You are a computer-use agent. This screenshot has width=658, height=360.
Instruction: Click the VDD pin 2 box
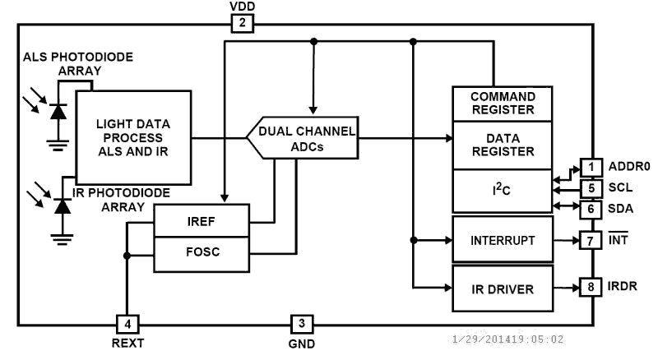click(242, 23)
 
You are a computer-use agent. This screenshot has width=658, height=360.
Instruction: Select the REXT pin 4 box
click(127, 324)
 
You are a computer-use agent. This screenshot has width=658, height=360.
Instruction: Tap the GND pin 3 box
click(301, 324)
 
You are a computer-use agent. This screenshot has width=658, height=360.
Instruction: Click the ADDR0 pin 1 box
click(591, 167)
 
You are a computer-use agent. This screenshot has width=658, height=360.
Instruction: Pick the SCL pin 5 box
click(591, 188)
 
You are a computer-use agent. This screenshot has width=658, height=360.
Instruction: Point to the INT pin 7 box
click(591, 241)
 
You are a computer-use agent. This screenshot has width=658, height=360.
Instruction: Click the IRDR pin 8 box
click(591, 288)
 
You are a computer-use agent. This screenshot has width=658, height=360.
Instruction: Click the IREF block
click(202, 221)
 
